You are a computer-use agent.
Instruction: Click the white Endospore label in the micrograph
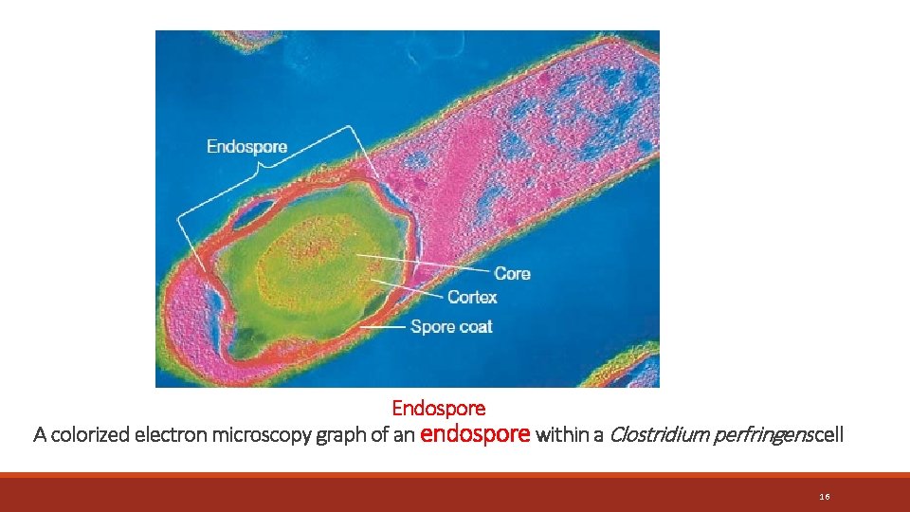[x=246, y=147]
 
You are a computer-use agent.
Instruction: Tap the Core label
[x=512, y=274]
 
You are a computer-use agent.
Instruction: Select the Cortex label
[x=471, y=298]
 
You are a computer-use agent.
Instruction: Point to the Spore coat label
[x=451, y=327]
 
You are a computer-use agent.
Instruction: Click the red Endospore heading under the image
[x=439, y=409]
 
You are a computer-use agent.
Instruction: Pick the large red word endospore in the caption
[x=474, y=434]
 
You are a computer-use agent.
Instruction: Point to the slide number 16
[x=825, y=497]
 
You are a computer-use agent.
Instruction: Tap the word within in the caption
[x=565, y=435]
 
